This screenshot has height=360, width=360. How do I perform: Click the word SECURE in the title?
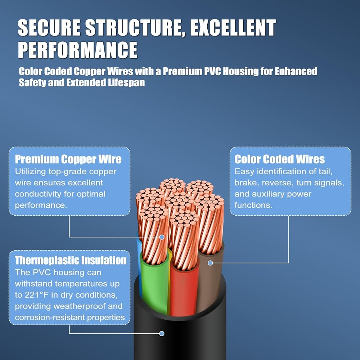click(49, 28)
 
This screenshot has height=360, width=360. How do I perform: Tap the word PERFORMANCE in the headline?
click(78, 50)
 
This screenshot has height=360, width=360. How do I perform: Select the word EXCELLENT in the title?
click(233, 28)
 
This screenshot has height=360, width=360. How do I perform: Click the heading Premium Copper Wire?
click(68, 159)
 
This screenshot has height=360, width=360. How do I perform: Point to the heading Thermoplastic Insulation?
click(71, 260)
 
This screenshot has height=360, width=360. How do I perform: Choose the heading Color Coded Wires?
click(279, 159)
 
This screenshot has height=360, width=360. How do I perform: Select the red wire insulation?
click(184, 291)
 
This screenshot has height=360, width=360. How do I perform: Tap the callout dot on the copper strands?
click(162, 237)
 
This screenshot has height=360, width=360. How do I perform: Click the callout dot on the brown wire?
click(210, 263)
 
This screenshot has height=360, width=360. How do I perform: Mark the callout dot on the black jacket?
click(162, 333)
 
